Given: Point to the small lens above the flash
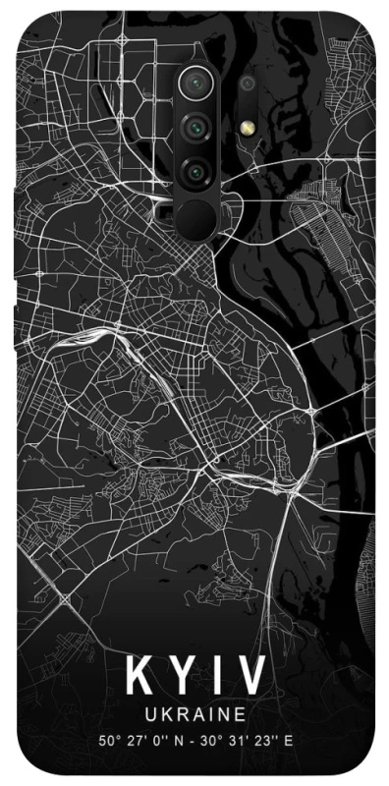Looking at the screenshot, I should point(246,84).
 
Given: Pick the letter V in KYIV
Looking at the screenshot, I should point(251,679).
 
